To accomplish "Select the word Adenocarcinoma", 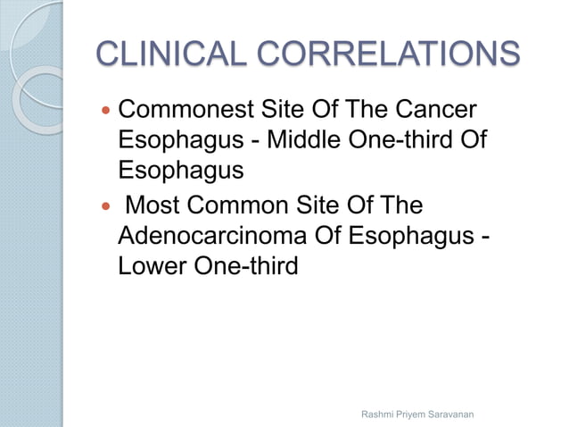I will (208, 237).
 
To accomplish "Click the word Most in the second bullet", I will (153, 205).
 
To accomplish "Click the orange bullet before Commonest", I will (106, 113).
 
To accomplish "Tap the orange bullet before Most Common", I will (106, 206).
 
